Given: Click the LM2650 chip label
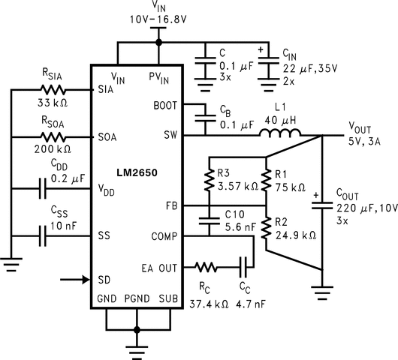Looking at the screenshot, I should click(x=136, y=172).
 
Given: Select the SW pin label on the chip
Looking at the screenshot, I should click(x=170, y=136).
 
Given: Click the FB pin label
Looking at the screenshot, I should click(x=170, y=205).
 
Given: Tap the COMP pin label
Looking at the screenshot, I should click(x=162, y=235).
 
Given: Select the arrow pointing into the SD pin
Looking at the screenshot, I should click(x=74, y=280).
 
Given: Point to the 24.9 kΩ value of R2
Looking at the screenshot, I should click(x=290, y=235).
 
